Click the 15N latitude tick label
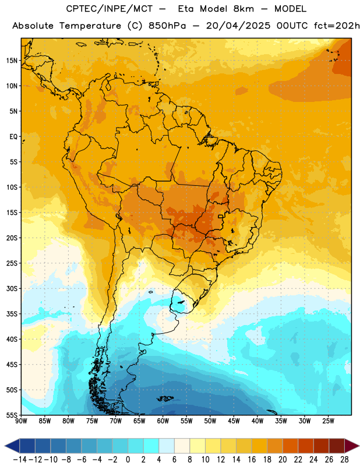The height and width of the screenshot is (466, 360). tap(12, 61)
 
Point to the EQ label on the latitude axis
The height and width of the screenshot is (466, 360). tap(13, 137)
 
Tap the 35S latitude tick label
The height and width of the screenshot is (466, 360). tap(12, 314)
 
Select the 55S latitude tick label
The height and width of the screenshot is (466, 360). tap(12, 415)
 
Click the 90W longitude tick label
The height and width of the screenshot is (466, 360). tap(21, 421)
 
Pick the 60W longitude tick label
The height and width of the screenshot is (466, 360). tap(163, 421)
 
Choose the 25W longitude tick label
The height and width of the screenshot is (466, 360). tap(329, 421)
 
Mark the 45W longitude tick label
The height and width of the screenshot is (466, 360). tap(234, 421)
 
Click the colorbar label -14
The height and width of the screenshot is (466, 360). tap(20, 460)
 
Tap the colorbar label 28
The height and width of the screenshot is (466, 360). tap(344, 460)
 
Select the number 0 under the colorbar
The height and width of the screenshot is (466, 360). tap(128, 460)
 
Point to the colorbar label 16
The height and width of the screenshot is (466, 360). tap(252, 460)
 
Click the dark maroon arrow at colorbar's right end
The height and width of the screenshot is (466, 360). tap(352, 446)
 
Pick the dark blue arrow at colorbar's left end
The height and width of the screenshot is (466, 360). tap(12, 446)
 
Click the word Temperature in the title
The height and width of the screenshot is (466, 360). tap(90, 26)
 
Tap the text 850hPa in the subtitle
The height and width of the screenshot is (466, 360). tap(167, 26)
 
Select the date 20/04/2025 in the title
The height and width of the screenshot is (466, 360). tap(238, 26)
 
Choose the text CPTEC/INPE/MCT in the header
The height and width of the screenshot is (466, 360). tap(110, 9)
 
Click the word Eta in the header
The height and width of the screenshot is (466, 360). tap(186, 9)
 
